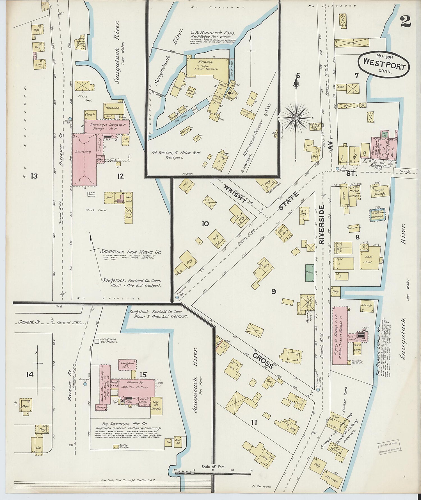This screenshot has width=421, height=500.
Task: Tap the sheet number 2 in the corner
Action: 406,21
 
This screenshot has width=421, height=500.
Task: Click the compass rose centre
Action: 296,118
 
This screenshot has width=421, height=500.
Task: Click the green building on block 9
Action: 309,273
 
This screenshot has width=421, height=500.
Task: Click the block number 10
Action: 205,224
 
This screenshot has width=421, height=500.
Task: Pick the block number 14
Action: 30,374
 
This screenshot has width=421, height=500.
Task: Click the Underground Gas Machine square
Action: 97,341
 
